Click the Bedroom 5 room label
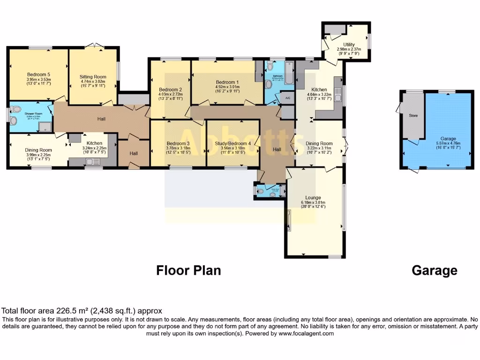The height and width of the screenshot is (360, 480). pos(38,75)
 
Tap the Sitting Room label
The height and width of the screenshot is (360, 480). pos(93,77)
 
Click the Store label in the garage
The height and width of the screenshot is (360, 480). pos(413,115)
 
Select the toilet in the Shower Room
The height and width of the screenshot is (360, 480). pos(17,110)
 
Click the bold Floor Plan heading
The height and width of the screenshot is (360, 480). pos(188,270)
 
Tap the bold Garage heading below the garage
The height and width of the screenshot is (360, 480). pos(434,270)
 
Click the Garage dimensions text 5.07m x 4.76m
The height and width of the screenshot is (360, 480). pos(448,144)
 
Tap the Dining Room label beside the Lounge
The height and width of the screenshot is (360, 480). pos(319,143)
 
